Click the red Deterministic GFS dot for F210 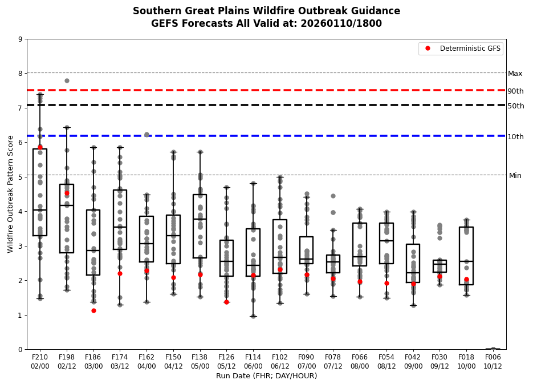(x=40, y=147)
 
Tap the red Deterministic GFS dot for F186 (x=93, y=310)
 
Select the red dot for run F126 (x=226, y=302)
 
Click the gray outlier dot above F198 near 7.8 (x=67, y=80)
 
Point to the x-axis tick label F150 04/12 (x=173, y=360)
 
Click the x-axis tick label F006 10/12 (x=493, y=360)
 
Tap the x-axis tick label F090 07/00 (x=306, y=360)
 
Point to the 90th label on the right (x=515, y=91)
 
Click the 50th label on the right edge (x=515, y=106)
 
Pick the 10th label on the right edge (x=515, y=137)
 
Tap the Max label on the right (x=515, y=74)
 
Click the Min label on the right (x=515, y=176)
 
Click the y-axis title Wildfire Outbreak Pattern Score (x=10, y=194)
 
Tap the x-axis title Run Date (x=266, y=376)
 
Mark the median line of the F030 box (x=440, y=264)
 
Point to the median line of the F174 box (x=120, y=227)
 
